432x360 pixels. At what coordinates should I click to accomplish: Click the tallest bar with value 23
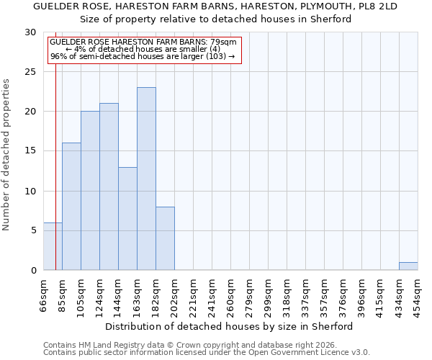click(x=146, y=179)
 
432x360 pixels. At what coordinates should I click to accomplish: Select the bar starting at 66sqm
click(x=53, y=246)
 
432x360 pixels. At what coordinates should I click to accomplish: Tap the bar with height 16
click(x=71, y=207)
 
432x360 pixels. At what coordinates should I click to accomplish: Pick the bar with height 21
click(x=109, y=186)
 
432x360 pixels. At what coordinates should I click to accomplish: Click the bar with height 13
click(x=127, y=218)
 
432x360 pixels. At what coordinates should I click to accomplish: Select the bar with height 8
click(x=165, y=238)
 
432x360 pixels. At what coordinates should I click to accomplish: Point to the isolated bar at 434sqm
click(x=408, y=266)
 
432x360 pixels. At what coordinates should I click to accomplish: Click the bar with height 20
click(x=90, y=191)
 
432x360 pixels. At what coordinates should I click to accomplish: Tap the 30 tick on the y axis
click(x=30, y=32)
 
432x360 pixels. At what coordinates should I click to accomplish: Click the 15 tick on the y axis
click(x=30, y=151)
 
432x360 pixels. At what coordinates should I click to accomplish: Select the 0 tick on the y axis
click(x=33, y=270)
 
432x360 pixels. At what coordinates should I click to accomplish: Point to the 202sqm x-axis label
click(x=174, y=295)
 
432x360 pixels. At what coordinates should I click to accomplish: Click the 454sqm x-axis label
click(x=418, y=295)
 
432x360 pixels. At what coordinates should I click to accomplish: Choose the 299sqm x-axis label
click(x=268, y=295)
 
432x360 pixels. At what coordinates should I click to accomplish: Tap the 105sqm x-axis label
click(x=81, y=295)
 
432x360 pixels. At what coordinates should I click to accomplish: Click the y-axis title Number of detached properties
click(x=7, y=155)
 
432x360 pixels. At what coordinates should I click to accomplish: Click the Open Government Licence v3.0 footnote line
click(x=207, y=353)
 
